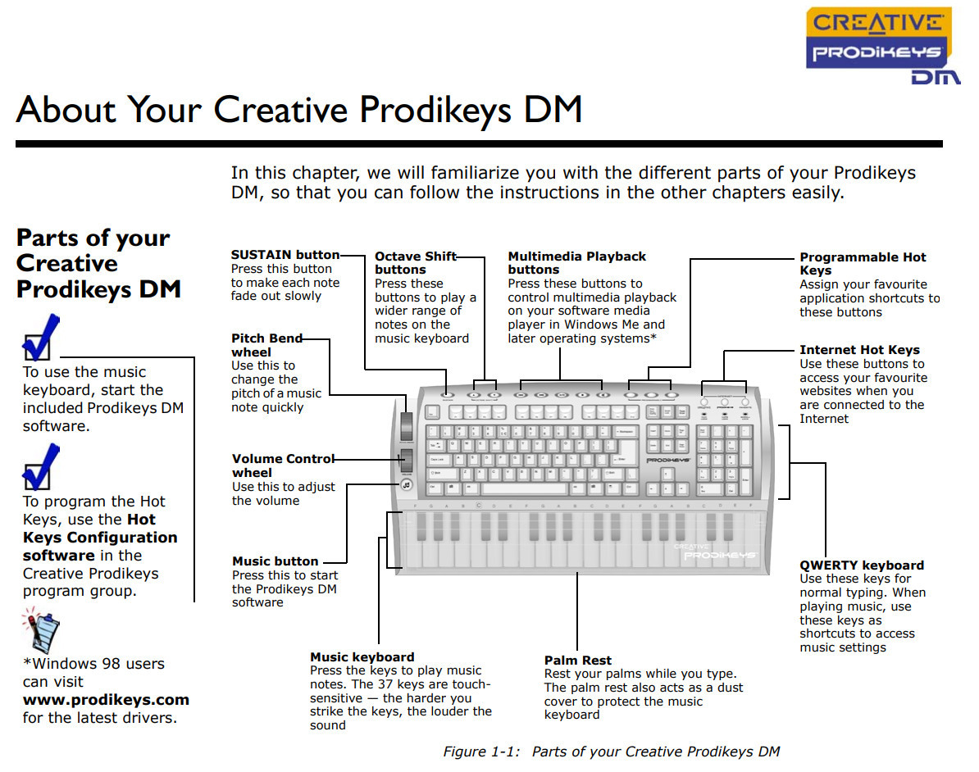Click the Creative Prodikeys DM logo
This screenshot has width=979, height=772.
click(878, 45)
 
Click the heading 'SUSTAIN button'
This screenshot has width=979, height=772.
click(285, 255)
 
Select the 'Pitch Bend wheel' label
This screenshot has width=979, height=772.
click(266, 345)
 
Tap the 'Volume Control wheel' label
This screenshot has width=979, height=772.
click(283, 465)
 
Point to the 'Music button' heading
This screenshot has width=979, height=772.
click(275, 561)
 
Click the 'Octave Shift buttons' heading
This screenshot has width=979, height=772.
click(415, 263)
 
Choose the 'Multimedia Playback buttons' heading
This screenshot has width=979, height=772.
click(576, 263)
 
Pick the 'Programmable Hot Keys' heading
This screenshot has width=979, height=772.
click(863, 263)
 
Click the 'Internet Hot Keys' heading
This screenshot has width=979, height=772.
click(859, 350)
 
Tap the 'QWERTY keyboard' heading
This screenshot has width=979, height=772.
click(861, 565)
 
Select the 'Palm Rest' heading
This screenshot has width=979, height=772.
click(577, 661)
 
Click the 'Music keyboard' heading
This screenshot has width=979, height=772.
click(362, 657)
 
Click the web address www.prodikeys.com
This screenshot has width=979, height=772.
click(106, 700)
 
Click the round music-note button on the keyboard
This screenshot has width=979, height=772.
click(406, 484)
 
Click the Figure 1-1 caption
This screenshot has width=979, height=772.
click(611, 752)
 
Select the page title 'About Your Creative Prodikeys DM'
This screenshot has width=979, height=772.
click(298, 109)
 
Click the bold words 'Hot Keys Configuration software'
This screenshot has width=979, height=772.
click(100, 538)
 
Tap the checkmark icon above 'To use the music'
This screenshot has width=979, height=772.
click(40, 337)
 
